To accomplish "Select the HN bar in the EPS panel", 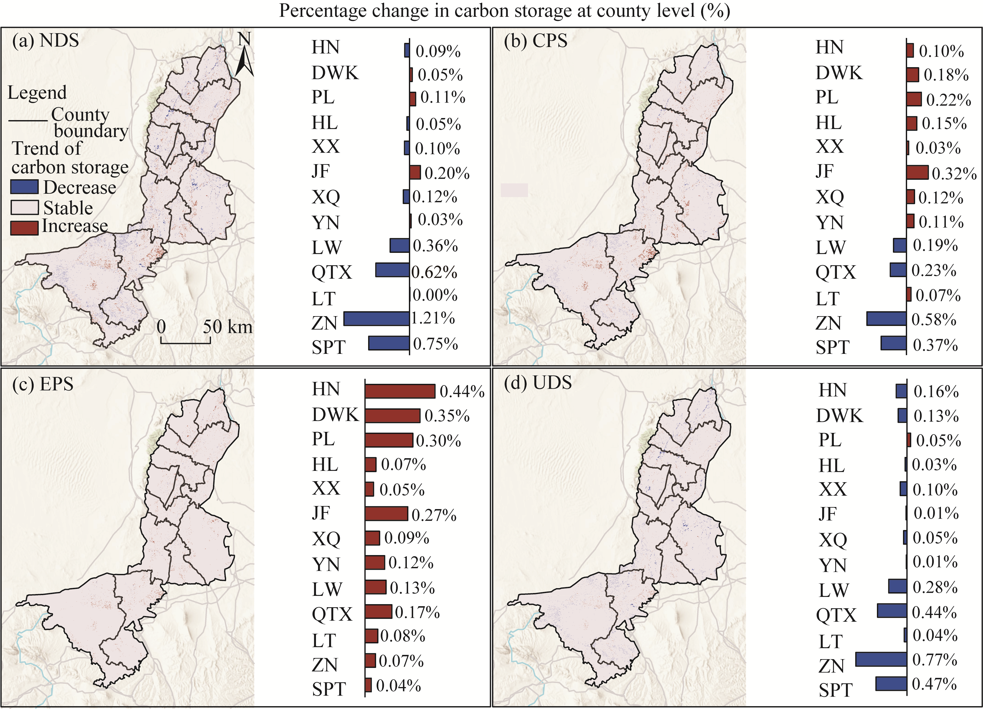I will tap(400, 391).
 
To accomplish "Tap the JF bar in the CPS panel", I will tap(917, 172).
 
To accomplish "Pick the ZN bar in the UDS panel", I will tap(881, 660).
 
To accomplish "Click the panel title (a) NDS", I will tap(45, 41).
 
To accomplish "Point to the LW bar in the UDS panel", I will tap(897, 586).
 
